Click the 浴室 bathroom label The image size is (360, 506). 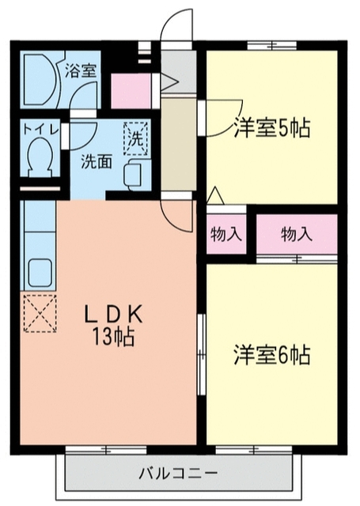(x=81, y=71)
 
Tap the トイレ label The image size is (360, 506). (x=40, y=130)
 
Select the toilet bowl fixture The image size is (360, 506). (x=40, y=156)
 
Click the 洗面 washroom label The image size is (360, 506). (x=97, y=161)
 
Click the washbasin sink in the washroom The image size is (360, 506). (x=136, y=175)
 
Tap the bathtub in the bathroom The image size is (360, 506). (x=40, y=80)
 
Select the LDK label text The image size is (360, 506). (x=113, y=315)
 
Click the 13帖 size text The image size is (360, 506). (x=113, y=337)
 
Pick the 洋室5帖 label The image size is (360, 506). (x=272, y=128)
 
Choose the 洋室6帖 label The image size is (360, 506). (x=272, y=355)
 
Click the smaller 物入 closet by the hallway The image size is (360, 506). (x=226, y=234)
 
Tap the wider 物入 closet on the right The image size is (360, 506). (x=297, y=234)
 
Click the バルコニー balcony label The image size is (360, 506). (x=179, y=474)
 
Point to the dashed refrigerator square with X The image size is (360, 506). (x=40, y=313)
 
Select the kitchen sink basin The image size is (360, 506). (x=40, y=273)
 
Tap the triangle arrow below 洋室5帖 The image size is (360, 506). (x=215, y=195)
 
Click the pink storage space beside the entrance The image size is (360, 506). (x=131, y=91)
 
